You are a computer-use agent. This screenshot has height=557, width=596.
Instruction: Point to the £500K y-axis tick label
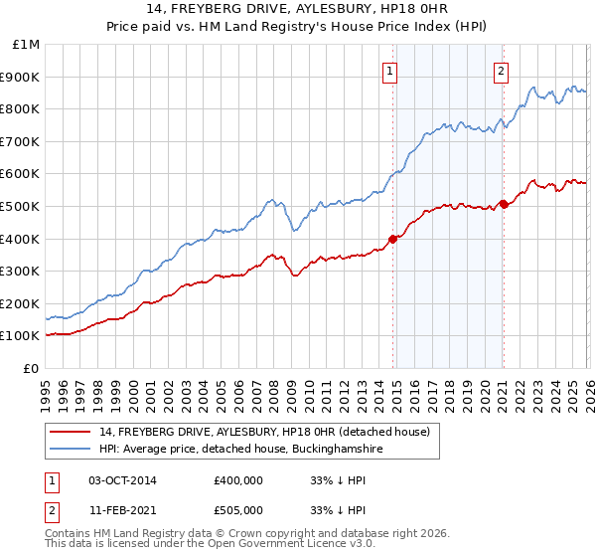(x=22, y=206)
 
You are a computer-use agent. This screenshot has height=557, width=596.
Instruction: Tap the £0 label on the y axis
(x=32, y=368)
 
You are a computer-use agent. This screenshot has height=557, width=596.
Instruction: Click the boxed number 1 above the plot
(x=390, y=71)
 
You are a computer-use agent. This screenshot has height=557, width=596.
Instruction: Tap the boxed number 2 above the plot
(x=502, y=71)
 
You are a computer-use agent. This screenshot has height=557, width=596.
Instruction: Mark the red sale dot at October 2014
(x=393, y=239)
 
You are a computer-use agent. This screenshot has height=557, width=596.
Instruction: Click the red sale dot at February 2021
(x=504, y=204)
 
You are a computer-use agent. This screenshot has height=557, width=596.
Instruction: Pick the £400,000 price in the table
(x=238, y=480)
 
